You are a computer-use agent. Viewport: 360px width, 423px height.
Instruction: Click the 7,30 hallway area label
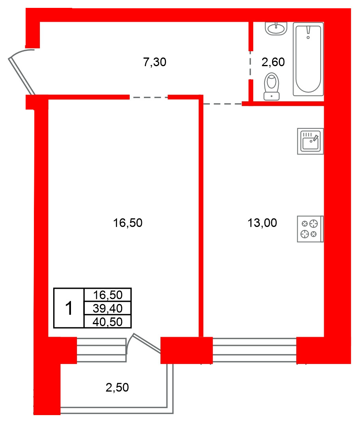pos(155,62)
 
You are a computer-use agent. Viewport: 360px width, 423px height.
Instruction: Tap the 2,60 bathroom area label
pos(273,62)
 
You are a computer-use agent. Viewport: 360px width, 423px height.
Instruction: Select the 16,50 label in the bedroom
pos(128,223)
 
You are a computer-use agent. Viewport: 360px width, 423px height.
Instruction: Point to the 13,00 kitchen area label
pos(262,223)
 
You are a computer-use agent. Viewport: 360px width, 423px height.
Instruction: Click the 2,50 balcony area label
pos(117,388)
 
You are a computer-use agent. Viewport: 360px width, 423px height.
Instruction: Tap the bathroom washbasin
pos(276,28)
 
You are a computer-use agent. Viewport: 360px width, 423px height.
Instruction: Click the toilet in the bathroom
pos(271,86)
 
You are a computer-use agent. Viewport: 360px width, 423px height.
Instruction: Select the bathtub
pos(308,59)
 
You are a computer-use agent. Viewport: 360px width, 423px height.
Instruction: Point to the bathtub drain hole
pos(308,37)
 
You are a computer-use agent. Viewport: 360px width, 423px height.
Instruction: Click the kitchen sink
pos(310,141)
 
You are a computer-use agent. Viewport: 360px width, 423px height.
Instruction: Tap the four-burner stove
pos(310,229)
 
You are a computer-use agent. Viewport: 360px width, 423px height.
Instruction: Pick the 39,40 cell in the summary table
pos(108,308)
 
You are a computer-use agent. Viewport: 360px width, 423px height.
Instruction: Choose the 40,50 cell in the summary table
pos(108,321)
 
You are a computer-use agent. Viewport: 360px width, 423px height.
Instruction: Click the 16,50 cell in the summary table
pos(108,295)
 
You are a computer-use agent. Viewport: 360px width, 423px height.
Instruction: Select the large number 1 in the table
pos(69,308)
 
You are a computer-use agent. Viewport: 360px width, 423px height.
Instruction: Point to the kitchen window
pos(254,350)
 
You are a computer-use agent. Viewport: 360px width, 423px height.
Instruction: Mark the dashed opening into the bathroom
pos(250,65)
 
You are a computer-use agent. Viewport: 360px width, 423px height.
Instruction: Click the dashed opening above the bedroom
pos(149,97)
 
